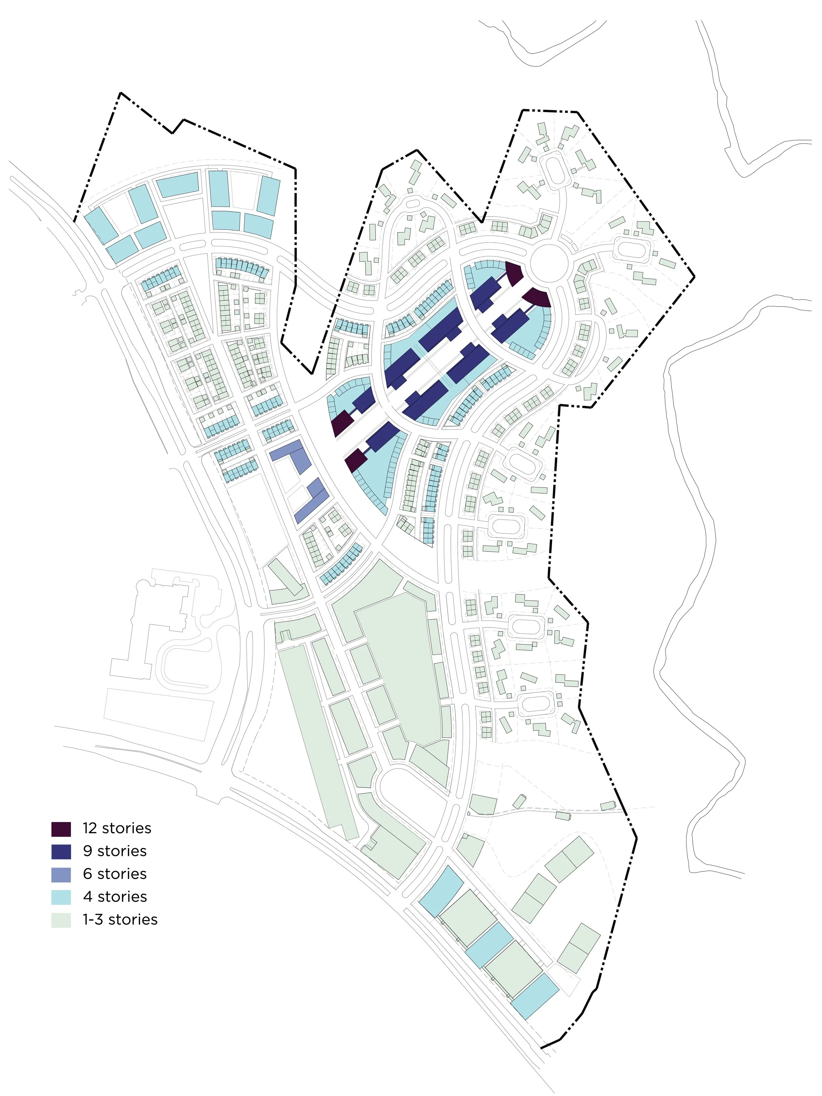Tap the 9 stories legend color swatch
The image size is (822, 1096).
click(61, 852)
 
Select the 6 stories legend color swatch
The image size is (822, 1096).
click(61, 874)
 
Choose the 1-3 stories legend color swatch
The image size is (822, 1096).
click(61, 920)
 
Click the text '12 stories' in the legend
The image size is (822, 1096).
click(117, 828)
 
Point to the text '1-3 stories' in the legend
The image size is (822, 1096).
click(120, 920)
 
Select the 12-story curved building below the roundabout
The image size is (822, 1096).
click(538, 297)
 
